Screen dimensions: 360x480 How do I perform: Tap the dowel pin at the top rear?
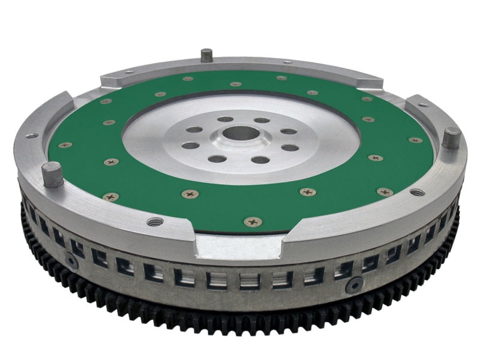coord(206,55)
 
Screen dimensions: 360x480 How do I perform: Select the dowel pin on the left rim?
coord(52,176)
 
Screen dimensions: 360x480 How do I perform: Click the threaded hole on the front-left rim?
coord(154,221)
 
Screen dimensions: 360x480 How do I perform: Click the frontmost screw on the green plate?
coord(251,221)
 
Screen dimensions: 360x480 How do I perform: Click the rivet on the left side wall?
coord(72,260)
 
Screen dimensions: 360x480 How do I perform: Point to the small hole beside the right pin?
coord(424,106)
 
